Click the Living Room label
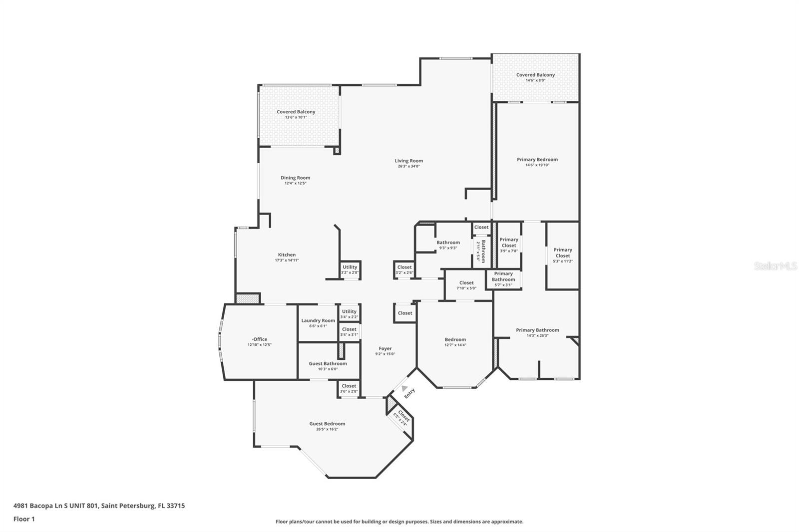click(408, 161)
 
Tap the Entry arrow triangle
click(404, 388)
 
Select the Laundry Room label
click(318, 320)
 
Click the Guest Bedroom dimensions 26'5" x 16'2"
click(327, 429)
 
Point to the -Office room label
click(260, 339)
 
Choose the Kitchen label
click(287, 255)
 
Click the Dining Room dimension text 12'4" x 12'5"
click(295, 183)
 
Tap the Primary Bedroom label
click(537, 159)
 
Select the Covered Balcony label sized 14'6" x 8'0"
click(535, 75)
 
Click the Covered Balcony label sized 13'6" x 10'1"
click(296, 112)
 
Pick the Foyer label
click(385, 348)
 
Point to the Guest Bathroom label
click(328, 363)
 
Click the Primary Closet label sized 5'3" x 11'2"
click(563, 253)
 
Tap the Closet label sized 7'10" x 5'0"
click(466, 282)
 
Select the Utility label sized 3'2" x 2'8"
click(350, 267)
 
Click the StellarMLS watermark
click(775, 266)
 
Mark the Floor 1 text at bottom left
click(24, 519)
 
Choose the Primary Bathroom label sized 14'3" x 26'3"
click(537, 330)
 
